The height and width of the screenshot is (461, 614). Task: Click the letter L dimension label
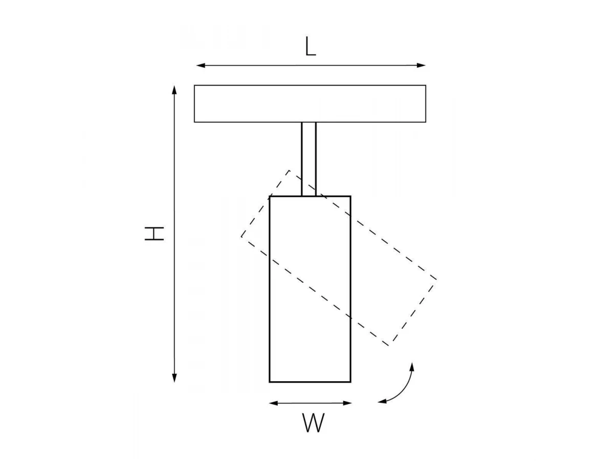pos(310,47)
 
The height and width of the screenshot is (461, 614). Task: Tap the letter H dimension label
pos(154,234)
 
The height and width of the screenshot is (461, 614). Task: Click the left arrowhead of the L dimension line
pos(201,66)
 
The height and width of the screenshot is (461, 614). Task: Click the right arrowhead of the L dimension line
pos(421,66)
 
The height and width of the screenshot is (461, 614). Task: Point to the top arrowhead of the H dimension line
pos(174,90)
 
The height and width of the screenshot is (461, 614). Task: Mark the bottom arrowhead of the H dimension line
pos(174,378)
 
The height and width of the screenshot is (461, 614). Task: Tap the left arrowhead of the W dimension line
pos(273,403)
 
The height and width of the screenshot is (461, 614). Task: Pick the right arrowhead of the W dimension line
pos(347,403)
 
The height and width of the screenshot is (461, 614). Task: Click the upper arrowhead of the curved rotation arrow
pos(412,367)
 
